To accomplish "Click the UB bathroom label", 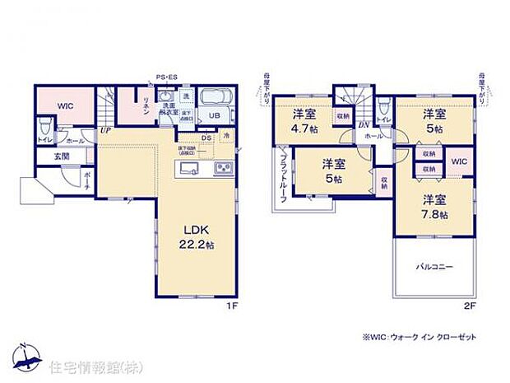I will click(x=213, y=116).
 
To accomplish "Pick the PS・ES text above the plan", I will click(x=167, y=77).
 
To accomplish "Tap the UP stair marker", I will click(x=106, y=130).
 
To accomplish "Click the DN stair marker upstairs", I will click(x=364, y=124).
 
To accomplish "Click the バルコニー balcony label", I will click(x=433, y=268).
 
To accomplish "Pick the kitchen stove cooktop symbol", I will click(x=224, y=170).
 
